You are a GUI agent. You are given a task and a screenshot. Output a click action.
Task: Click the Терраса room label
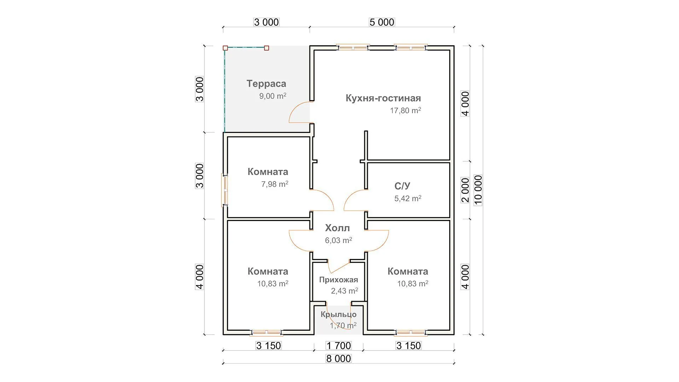tap(266, 84)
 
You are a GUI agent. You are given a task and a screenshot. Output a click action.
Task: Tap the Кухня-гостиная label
tap(383, 98)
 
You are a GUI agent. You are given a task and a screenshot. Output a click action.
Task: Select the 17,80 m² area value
tap(405, 110)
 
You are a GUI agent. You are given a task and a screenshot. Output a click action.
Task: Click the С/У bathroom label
tap(402, 186)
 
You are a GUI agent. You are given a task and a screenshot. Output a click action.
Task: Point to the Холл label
tap(337, 228)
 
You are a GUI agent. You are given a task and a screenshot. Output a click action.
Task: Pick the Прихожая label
tap(338, 280)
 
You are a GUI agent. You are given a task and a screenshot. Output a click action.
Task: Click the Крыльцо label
tap(338, 314)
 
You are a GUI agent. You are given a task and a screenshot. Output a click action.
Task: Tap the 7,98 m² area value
tap(274, 184)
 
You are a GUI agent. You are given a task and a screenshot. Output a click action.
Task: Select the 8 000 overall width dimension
tap(338, 359)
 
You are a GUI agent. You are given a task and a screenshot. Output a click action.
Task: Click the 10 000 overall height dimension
tap(478, 190)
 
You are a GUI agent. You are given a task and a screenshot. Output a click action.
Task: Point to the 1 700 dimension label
tap(338, 346)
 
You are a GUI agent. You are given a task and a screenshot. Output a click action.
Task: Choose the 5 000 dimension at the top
tap(382, 22)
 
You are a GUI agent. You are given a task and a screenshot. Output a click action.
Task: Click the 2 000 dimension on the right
tap(465, 190)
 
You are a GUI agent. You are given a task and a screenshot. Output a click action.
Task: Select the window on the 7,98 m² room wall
tap(224, 190)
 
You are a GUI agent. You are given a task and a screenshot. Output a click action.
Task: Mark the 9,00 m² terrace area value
tap(273, 96)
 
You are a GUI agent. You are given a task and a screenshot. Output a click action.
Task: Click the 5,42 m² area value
tap(408, 198)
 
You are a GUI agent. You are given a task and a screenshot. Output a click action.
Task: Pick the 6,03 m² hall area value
tap(338, 241)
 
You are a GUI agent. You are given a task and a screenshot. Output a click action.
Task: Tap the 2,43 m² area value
tap(344, 291)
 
